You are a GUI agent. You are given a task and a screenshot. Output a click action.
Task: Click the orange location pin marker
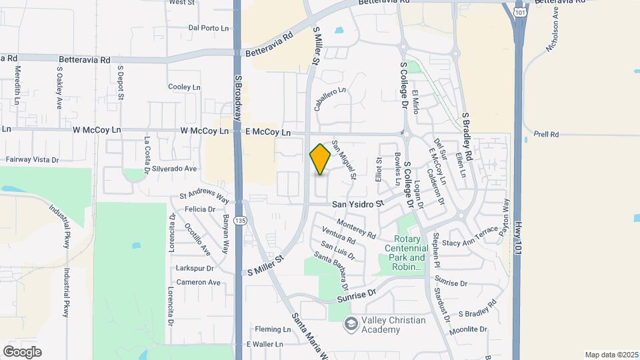tap(320, 159)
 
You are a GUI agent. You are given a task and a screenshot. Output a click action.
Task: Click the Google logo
tap(22, 351)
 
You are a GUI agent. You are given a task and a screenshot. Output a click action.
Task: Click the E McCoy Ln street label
tap(268, 133)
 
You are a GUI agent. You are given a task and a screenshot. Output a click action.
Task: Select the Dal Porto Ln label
tap(209, 28)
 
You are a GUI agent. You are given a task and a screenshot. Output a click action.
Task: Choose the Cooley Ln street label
tap(184, 87)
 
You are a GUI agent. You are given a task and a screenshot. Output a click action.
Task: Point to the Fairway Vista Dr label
tap(33, 160)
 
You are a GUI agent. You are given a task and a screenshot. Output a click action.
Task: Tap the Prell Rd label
tap(546, 135)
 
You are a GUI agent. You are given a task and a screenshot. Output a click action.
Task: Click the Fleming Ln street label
tap(270, 329)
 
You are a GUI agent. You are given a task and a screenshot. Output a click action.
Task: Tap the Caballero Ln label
tap(331, 98)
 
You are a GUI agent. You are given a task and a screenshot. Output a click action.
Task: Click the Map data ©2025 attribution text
tap(611, 354)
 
